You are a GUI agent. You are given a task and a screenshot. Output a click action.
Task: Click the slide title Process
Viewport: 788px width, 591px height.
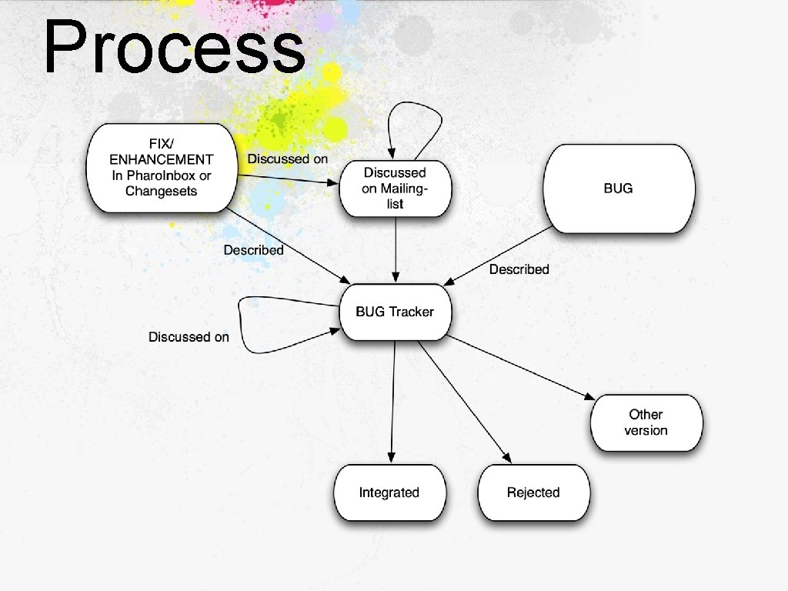[x=174, y=48]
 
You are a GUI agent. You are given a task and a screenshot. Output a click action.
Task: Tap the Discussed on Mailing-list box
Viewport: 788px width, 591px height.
[x=395, y=189]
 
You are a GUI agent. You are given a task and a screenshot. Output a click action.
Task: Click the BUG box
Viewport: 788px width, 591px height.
[x=619, y=189]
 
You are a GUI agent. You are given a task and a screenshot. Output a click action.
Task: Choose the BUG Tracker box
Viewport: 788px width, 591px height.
[x=395, y=312]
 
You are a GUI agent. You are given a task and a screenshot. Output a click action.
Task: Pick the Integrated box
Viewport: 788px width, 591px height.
[x=389, y=492]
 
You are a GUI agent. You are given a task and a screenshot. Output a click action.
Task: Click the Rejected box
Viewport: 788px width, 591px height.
[x=533, y=492]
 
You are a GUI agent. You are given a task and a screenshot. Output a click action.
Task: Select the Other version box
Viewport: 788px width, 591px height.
[x=646, y=422]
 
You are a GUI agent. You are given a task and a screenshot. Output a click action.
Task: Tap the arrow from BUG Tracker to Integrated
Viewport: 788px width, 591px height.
[x=393, y=400]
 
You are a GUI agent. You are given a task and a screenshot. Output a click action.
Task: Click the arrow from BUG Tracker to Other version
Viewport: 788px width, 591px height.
[x=523, y=368]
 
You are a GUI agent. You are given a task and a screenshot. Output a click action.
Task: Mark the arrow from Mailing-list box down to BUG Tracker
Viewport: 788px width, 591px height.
[x=396, y=250]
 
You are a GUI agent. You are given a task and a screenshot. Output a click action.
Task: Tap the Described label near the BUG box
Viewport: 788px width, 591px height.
[x=519, y=269]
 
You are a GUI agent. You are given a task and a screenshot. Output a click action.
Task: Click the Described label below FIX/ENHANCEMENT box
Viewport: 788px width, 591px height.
[x=253, y=250]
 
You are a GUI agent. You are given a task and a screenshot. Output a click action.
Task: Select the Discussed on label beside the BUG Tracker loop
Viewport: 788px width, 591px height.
[x=189, y=337]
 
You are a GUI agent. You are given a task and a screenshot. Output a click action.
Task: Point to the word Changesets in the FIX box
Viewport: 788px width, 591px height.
[x=161, y=191]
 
